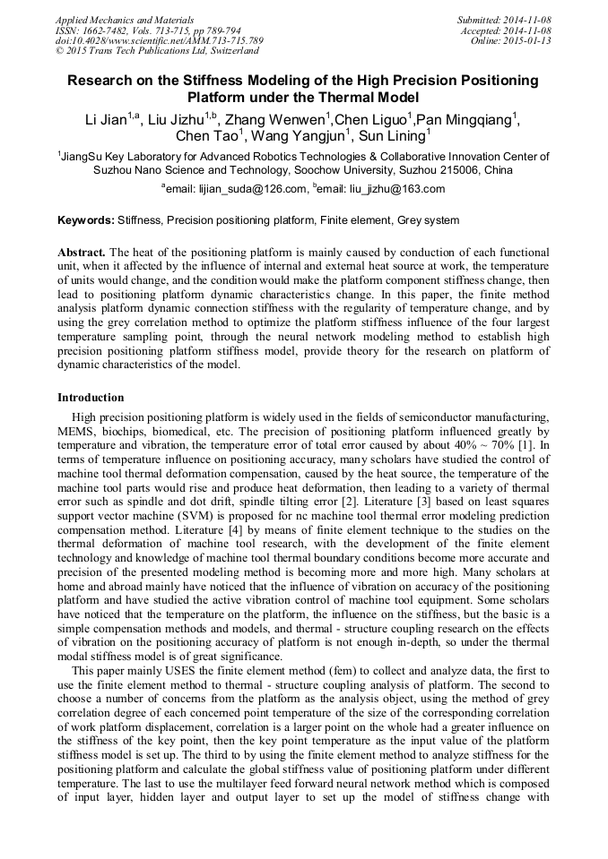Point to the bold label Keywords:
coord(86,220)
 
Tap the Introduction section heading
coord(91,397)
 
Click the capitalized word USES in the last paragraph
coord(158,671)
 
